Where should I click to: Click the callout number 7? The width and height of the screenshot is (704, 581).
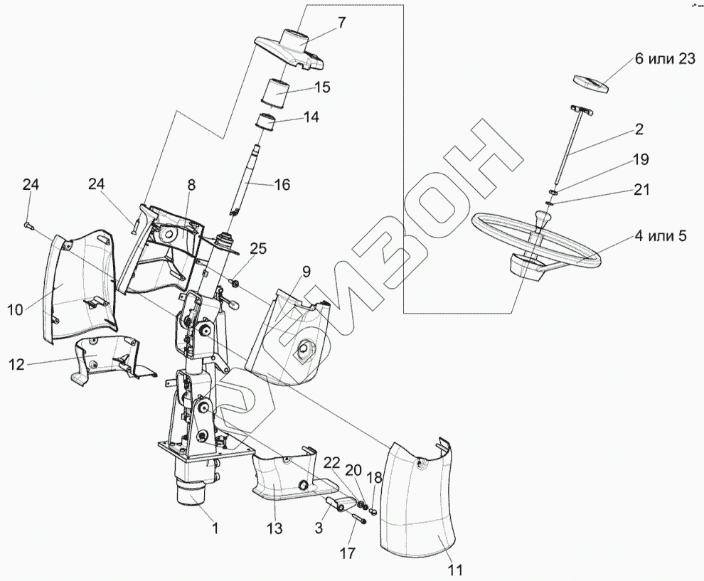pyautogui.click(x=342, y=22)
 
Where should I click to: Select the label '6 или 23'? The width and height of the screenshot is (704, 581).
pyautogui.click(x=664, y=60)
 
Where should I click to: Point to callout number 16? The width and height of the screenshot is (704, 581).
pyautogui.click(x=282, y=185)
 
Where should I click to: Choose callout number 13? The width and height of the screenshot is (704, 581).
pyautogui.click(x=274, y=529)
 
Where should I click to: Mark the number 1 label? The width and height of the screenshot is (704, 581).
pyautogui.click(x=215, y=528)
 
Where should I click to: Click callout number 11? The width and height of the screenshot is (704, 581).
pyautogui.click(x=455, y=569)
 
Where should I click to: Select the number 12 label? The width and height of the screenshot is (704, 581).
pyautogui.click(x=16, y=365)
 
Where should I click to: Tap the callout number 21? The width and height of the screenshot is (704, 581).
pyautogui.click(x=641, y=190)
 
